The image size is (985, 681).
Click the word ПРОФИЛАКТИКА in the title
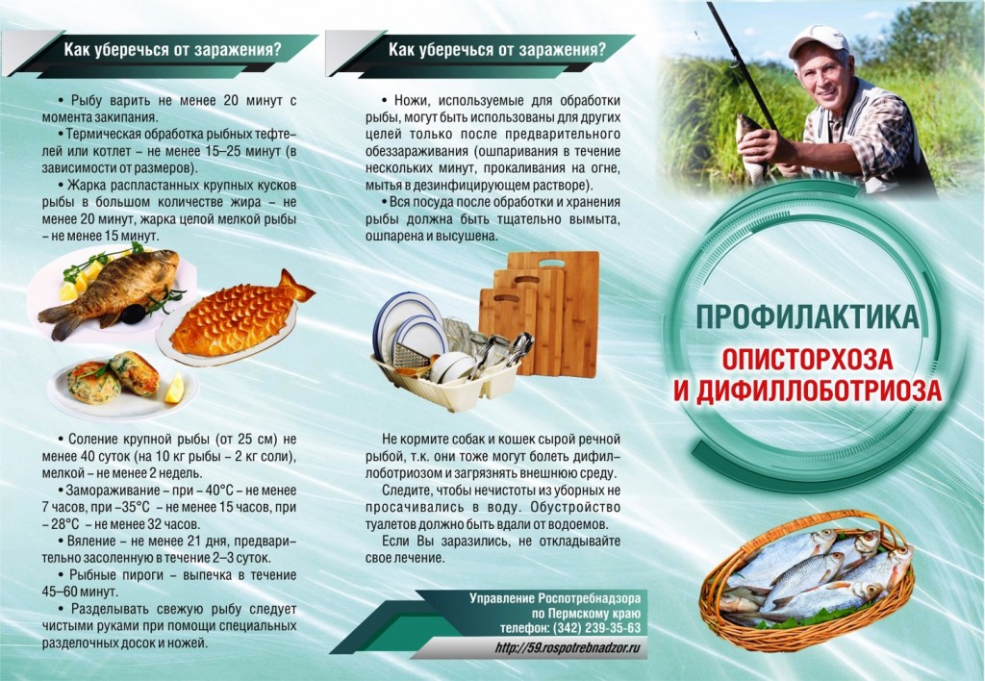click(807, 317)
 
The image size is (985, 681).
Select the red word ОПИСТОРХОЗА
click(807, 359)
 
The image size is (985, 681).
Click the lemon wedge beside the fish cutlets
click(174, 389)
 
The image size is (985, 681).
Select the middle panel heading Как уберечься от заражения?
click(497, 50)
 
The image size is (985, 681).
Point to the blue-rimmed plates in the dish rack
click(412, 327)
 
